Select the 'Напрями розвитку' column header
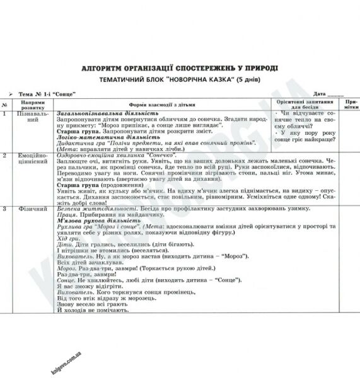(x=33, y=104)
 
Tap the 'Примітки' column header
(x=350, y=104)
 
